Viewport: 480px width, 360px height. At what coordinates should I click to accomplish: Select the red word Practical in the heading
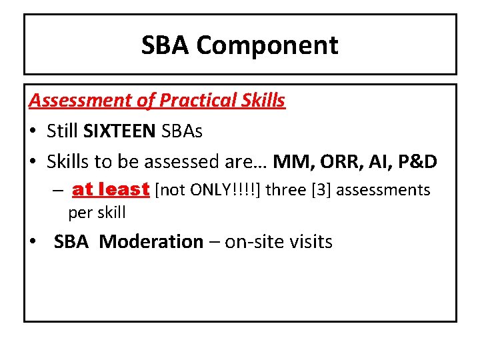point(197,101)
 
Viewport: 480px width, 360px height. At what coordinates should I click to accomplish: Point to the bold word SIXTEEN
point(121,131)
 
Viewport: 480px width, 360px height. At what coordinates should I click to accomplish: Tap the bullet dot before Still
point(34,132)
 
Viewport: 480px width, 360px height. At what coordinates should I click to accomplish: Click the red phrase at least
point(110,190)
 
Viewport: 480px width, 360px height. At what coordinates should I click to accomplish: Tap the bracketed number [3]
point(315,191)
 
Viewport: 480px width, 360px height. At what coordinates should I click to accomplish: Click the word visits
point(311,241)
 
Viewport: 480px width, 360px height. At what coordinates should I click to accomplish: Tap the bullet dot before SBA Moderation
point(34,242)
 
